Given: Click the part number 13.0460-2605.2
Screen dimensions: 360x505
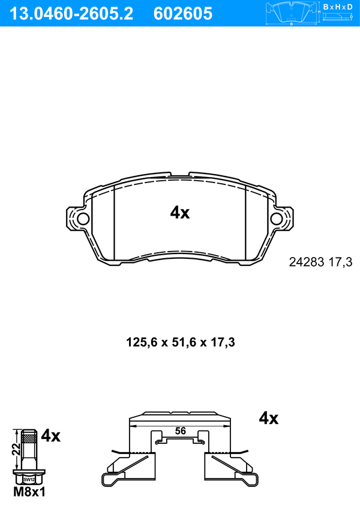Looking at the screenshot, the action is click(x=71, y=14).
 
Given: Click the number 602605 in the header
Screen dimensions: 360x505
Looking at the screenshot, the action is click(x=183, y=14).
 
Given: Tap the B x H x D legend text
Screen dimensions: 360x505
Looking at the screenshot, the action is click(x=338, y=7).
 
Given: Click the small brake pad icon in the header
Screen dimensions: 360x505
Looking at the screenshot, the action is click(x=292, y=13).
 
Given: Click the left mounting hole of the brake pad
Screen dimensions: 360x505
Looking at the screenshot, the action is click(x=83, y=219).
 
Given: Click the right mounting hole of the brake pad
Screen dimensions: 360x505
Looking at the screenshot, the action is click(x=277, y=219).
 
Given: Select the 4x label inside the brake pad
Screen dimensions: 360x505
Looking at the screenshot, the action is click(x=180, y=213).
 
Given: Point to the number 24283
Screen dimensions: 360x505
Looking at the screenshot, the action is click(x=306, y=262).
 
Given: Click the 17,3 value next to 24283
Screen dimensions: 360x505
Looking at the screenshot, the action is click(x=340, y=262).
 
